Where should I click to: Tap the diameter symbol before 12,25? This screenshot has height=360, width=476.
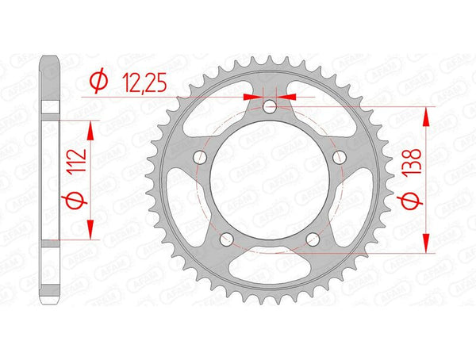(98, 79)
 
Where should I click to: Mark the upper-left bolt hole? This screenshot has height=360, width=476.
(202, 157)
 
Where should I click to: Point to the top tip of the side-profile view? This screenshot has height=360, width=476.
(51, 57)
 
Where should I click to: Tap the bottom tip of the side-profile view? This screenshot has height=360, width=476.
(51, 304)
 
